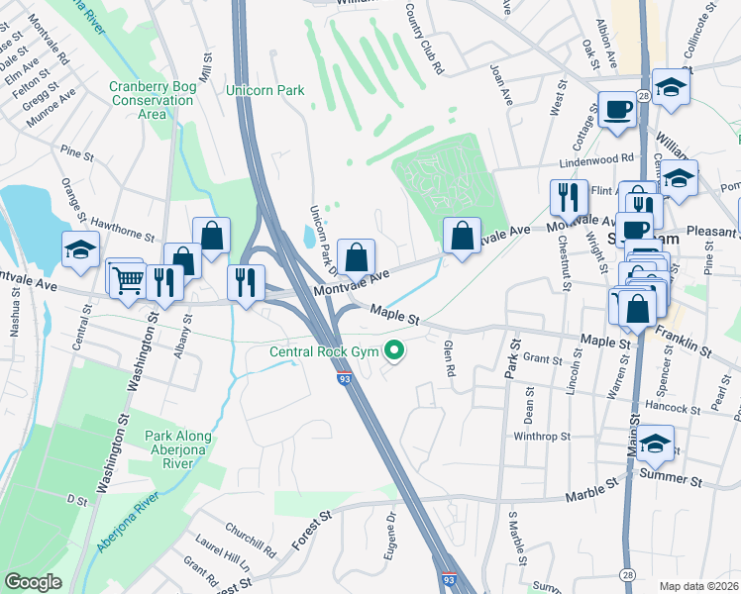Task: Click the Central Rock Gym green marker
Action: [395, 350]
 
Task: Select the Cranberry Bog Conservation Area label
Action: [153, 100]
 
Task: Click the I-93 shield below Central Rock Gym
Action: [344, 378]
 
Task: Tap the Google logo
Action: [34, 582]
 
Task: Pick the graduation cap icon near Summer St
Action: [655, 445]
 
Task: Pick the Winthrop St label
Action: [542, 436]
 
